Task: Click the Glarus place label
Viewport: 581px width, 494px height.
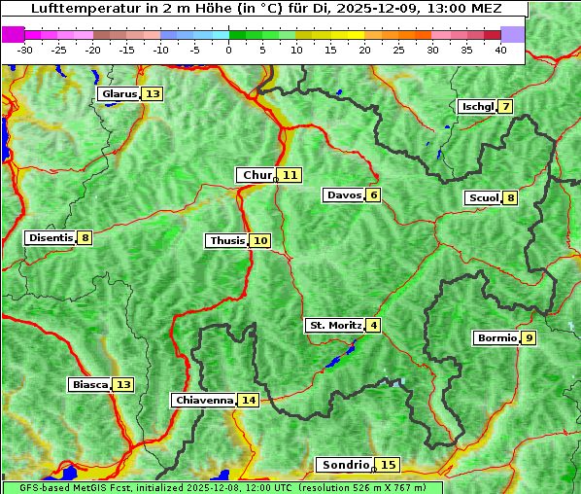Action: click(119, 94)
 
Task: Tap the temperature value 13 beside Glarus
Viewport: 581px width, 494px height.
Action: click(153, 94)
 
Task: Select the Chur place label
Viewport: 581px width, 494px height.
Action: click(256, 175)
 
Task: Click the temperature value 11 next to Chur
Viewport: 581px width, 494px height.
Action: click(290, 175)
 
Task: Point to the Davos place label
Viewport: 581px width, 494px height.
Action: click(344, 195)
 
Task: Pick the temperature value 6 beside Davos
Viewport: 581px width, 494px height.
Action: click(373, 195)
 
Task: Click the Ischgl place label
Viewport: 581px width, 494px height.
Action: click(477, 106)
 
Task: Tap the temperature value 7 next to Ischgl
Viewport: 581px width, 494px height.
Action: click(505, 106)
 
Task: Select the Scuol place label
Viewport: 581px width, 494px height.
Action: click(483, 198)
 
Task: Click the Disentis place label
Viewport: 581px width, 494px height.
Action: click(51, 237)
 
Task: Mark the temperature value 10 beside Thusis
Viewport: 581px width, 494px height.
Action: click(260, 240)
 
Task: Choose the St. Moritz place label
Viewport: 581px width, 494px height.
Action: click(335, 325)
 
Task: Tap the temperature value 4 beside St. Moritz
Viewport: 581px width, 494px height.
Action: click(374, 325)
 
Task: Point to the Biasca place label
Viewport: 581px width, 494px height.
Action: click(90, 385)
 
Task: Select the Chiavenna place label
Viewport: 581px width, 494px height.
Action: click(204, 400)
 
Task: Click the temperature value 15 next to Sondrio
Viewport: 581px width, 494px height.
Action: click(389, 465)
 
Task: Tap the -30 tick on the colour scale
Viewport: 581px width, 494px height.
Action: click(25, 50)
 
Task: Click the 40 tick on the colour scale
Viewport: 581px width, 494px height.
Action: click(500, 50)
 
